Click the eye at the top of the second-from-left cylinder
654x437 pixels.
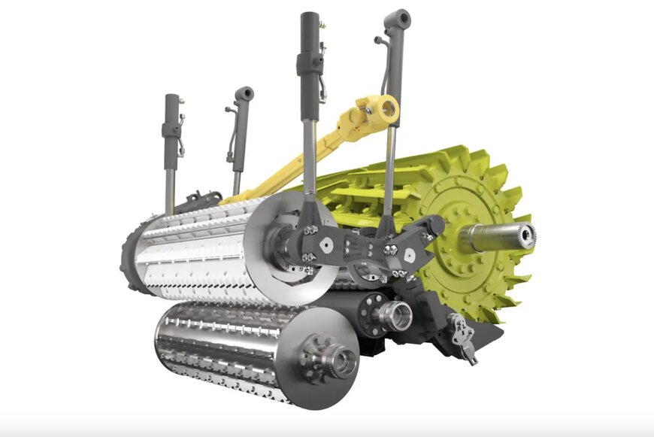point(244,95)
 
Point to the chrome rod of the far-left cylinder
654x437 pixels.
point(171,184)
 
